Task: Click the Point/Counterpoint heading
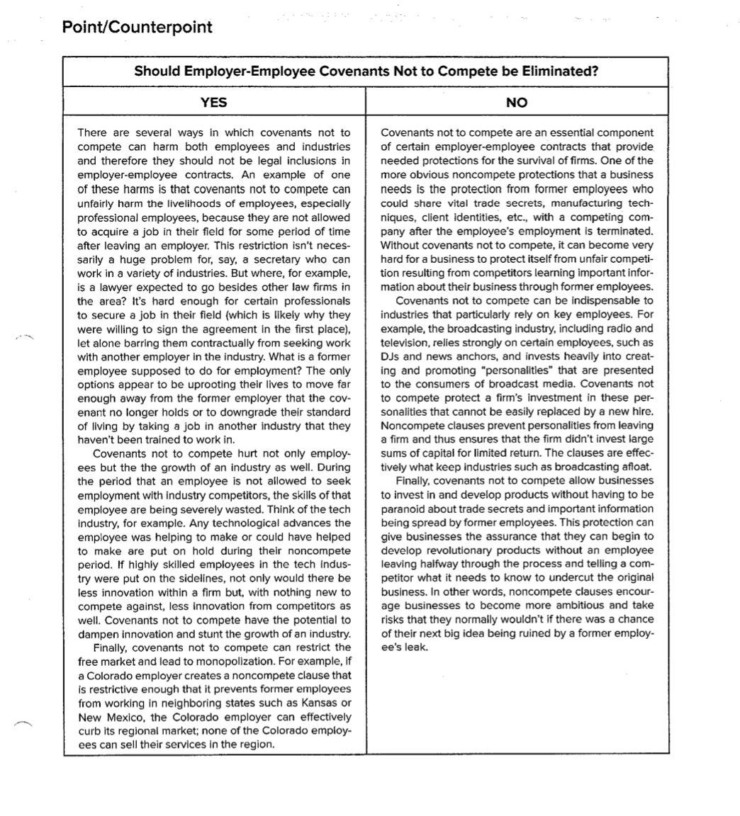point(137,27)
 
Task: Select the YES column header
point(213,103)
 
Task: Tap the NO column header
point(517,103)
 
